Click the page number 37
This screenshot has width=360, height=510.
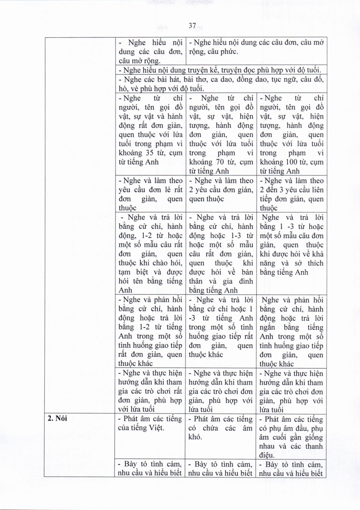192,26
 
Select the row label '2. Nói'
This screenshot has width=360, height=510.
57,418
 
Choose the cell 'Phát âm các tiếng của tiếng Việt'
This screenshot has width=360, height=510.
150,423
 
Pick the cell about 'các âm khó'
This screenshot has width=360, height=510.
220,428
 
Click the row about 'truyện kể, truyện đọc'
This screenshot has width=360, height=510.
220,70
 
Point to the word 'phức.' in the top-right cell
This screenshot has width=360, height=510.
229,52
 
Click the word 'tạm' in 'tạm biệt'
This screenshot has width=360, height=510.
124,272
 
